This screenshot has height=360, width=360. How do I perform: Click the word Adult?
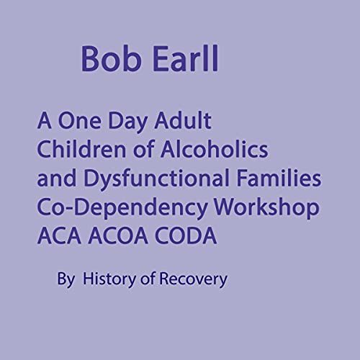pos(189,120)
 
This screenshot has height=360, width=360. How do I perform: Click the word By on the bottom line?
pos(66,276)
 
